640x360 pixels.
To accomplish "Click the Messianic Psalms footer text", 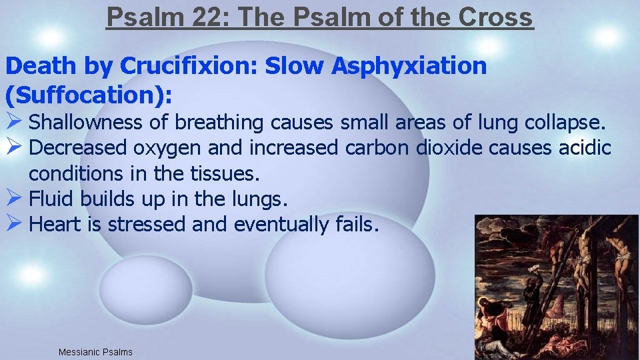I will coord(95,352).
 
